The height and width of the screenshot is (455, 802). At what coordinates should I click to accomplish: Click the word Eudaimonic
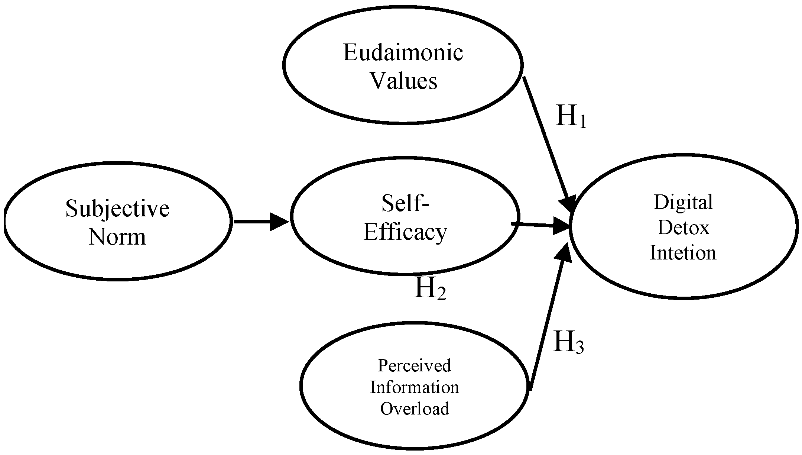pos(403,53)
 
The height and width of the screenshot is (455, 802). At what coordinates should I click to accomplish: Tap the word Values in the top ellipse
pos(404,81)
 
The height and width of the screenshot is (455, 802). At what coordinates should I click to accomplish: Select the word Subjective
pos(117,209)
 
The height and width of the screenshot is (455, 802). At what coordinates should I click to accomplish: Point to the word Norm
pos(117,237)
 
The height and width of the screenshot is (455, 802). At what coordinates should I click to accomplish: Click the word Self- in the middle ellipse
pos(405,203)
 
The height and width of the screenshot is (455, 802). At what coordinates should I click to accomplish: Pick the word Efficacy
pos(405,233)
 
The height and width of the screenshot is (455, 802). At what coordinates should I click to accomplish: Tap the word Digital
pos(683,203)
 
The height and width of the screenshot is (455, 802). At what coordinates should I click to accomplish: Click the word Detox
pos(683,227)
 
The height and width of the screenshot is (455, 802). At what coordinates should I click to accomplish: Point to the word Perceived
pos(414,365)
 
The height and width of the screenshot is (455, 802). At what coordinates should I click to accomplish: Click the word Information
pos(415,387)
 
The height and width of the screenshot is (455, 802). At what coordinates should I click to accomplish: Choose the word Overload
pos(415,409)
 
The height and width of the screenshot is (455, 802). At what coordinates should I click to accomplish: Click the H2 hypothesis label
pos(430,288)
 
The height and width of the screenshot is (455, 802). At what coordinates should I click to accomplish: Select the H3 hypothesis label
pos(569,342)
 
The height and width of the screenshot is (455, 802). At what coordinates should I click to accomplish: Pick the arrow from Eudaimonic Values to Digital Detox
pos(546,141)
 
